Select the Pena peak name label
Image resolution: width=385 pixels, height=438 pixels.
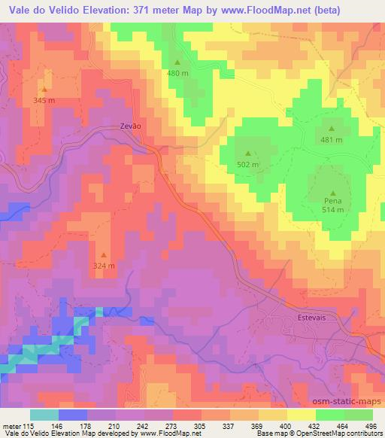click(x=333, y=201)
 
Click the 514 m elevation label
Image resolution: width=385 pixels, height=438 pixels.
click(x=333, y=211)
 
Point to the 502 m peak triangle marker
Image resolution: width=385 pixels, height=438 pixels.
click(x=247, y=154)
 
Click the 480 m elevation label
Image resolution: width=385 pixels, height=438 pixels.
click(x=177, y=74)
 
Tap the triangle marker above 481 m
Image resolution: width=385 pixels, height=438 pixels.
click(x=332, y=129)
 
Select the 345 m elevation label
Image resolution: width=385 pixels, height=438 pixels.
click(x=44, y=100)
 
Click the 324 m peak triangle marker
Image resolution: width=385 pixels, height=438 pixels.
click(x=104, y=254)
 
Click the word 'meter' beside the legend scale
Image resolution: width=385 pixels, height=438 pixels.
click(x=11, y=427)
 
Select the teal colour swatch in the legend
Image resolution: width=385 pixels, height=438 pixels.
click(x=44, y=415)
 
